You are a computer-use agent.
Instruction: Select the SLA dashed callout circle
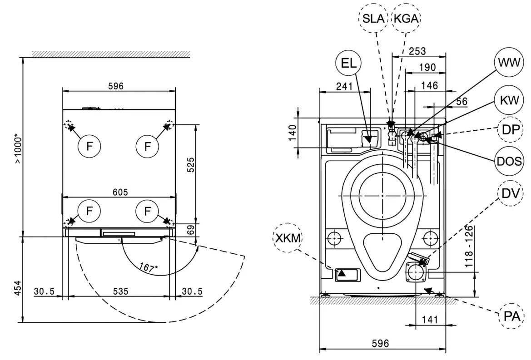click(x=373, y=19)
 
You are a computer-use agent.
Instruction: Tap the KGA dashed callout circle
click(x=407, y=19)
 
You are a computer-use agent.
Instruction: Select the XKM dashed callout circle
click(x=287, y=238)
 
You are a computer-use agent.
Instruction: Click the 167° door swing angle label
click(x=149, y=268)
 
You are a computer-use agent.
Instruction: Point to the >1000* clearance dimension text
click(x=17, y=148)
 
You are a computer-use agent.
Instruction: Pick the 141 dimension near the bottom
click(x=429, y=320)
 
